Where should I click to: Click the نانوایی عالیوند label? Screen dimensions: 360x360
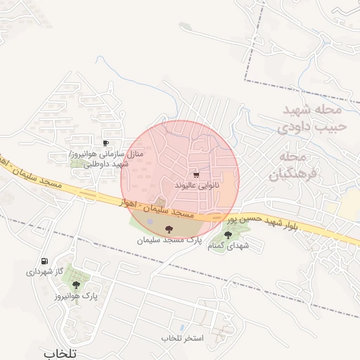[x=197, y=184]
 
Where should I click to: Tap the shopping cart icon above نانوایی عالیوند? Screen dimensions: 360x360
[x=195, y=174]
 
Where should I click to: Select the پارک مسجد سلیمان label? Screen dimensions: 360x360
[x=169, y=240]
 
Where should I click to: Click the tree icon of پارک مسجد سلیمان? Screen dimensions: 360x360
[x=168, y=229]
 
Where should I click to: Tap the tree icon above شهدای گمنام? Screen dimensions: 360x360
[x=227, y=235]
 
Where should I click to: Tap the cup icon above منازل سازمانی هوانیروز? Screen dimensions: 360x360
[x=105, y=143]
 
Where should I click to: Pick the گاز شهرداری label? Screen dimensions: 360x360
[x=45, y=271]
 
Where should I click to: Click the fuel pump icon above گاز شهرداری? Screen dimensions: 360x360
[x=45, y=261]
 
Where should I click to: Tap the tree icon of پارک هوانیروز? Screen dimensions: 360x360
[x=75, y=285]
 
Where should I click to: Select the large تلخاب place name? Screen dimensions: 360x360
[x=58, y=352]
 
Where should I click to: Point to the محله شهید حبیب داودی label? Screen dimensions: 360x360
[x=311, y=119]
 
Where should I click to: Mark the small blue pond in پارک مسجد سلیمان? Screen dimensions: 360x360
[x=150, y=224]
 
